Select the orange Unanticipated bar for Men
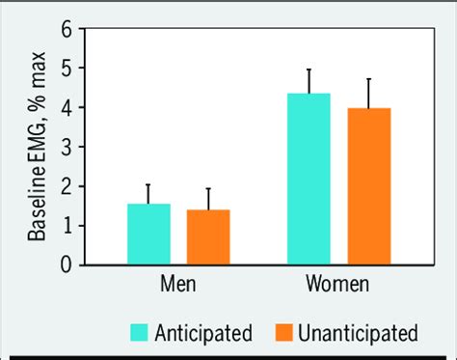pos(207,236)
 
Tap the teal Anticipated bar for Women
pos(309,179)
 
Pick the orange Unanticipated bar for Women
pos(368,185)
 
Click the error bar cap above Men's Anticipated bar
pos(148,184)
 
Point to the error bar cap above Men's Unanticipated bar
pos(207,189)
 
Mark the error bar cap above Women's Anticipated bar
pos(309,69)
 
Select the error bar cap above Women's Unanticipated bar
pos(368,79)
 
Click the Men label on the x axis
pos(177,287)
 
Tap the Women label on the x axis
pos(338,287)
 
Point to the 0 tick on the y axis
pos(67,263)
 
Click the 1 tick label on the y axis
pos(67,225)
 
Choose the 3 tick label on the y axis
pos(67,147)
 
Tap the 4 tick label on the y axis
pos(67,107)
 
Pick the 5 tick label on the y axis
pos(67,69)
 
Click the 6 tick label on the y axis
pos(67,29)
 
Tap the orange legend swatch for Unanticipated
pos(282,334)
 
